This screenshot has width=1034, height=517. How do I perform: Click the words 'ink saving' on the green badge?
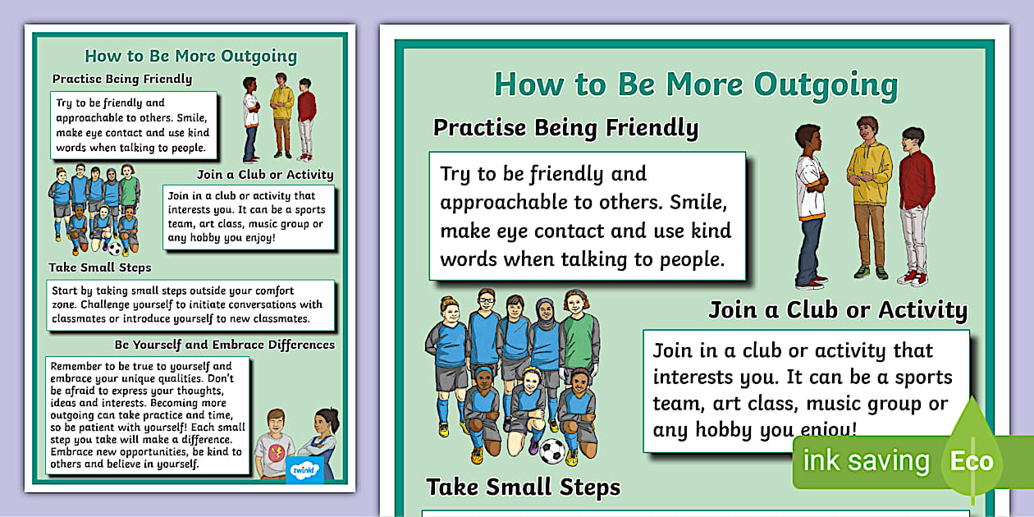[866, 461]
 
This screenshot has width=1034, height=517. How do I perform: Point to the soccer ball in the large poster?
[551, 451]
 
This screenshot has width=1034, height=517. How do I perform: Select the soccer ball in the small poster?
[114, 247]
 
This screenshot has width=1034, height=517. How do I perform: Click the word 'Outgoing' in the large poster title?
[826, 85]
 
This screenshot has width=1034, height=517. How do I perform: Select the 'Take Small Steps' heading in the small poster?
[100, 268]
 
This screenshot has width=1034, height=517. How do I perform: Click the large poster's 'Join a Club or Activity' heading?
[838, 309]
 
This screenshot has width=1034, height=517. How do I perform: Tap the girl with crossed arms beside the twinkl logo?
[319, 443]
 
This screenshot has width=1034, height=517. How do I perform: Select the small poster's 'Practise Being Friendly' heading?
[122, 79]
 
